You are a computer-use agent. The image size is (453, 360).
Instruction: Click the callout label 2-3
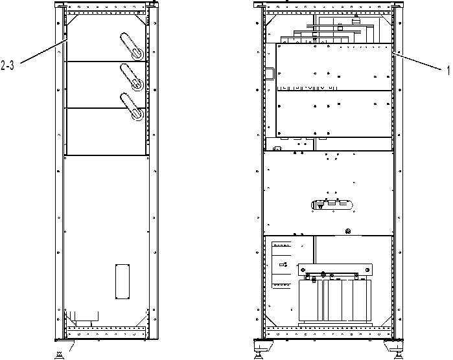point(7,65)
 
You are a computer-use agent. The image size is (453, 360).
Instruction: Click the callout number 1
point(448,70)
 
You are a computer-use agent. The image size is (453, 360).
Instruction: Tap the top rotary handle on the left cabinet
point(132,47)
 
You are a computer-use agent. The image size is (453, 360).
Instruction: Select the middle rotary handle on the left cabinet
point(132,77)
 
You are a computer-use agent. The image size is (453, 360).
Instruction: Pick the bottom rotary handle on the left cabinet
point(132,107)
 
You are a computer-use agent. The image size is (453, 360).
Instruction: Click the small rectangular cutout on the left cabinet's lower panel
point(122,282)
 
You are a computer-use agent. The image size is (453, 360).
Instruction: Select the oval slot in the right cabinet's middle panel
point(332,205)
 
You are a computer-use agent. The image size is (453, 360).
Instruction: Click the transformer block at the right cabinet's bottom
point(335,300)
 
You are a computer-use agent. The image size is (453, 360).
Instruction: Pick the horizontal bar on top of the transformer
point(335,269)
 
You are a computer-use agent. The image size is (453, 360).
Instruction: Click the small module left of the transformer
point(281,265)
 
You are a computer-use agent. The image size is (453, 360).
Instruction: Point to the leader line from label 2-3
point(43,51)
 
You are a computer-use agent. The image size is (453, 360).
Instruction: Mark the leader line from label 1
point(417,61)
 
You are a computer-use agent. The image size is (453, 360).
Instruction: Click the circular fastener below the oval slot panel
point(348,231)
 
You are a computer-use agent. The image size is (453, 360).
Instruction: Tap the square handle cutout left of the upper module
point(270,73)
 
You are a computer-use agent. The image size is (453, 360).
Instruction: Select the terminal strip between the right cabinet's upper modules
point(307,87)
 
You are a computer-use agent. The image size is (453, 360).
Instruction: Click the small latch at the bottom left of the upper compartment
point(277,148)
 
